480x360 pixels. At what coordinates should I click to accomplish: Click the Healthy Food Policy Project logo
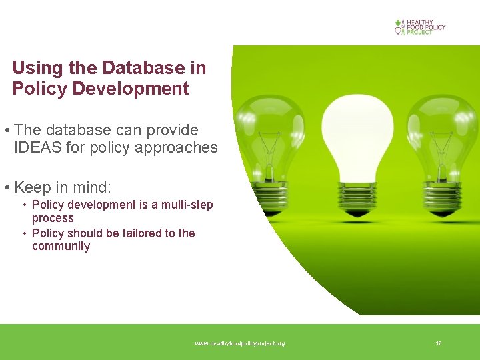coord(419,27)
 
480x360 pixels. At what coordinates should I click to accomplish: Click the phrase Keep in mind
coord(62,187)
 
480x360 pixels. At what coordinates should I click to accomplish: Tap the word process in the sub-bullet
coord(53,218)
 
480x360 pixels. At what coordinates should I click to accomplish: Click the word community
coord(61,246)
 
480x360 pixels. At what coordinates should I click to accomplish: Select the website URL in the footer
coord(239,343)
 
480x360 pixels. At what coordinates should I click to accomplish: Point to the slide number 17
coord(438,343)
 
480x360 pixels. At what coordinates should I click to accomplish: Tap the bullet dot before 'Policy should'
coord(24,233)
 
